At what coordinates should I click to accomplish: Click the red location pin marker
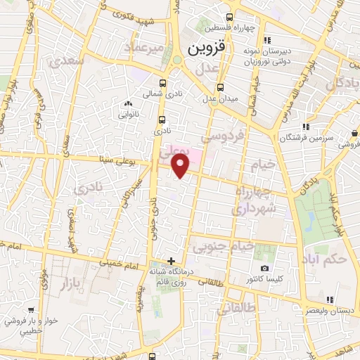coord(181,166)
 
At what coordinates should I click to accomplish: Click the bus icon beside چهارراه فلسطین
coord(229,18)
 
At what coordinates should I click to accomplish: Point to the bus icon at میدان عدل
coord(221,87)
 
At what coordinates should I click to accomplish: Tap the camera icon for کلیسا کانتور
coord(264,268)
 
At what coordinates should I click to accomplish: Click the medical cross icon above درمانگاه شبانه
coord(171,261)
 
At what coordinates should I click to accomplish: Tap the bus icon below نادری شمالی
coord(163,119)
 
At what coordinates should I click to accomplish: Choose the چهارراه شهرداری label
coord(252,201)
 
